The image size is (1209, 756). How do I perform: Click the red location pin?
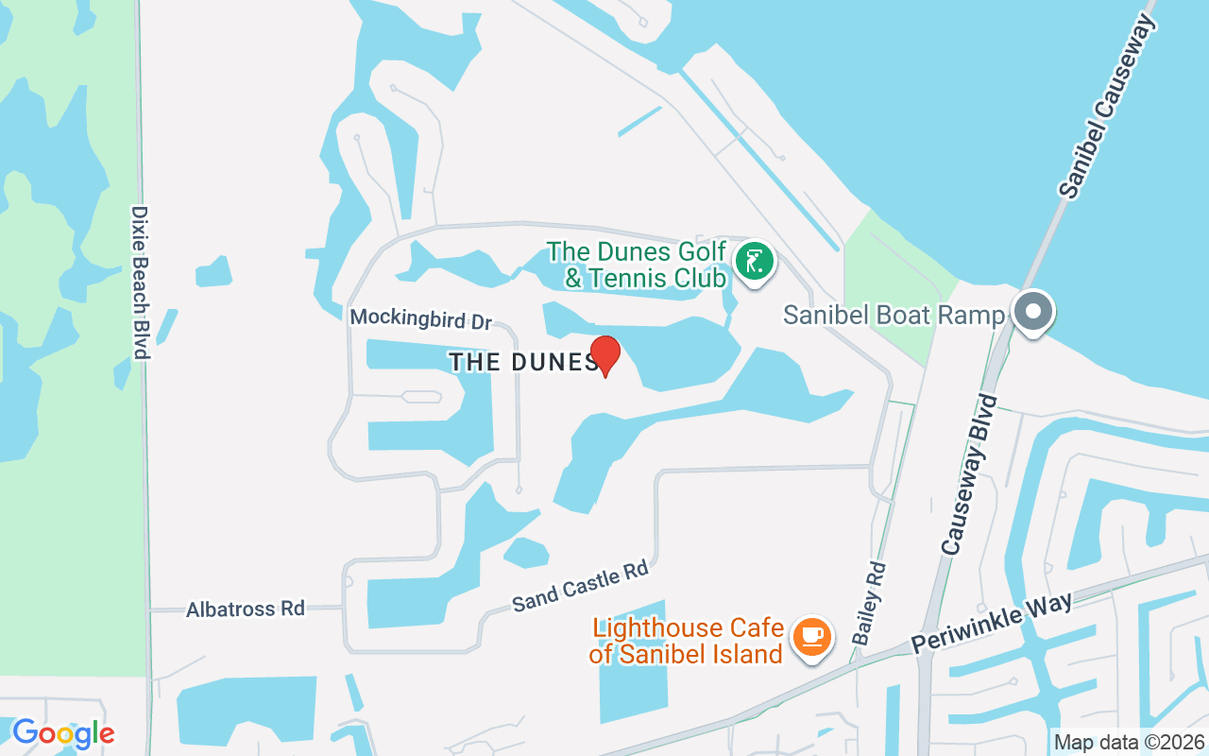(x=604, y=355)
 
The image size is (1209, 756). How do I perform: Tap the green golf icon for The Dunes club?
(x=754, y=261)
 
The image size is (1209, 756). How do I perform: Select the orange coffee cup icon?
(x=811, y=636)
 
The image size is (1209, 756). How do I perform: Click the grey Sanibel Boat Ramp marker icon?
(x=1033, y=311)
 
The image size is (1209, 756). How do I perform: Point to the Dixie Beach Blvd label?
(x=142, y=283)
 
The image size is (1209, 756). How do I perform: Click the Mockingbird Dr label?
(x=420, y=318)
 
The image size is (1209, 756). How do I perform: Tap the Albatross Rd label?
(x=246, y=609)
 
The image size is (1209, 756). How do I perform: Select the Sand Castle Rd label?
(x=580, y=586)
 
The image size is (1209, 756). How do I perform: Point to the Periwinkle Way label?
(x=992, y=623)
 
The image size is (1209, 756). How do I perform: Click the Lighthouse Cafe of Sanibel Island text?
(x=688, y=640)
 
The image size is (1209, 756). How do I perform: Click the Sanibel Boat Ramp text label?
(x=894, y=315)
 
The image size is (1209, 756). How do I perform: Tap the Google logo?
(x=62, y=733)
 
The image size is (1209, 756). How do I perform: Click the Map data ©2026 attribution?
(x=1130, y=742)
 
